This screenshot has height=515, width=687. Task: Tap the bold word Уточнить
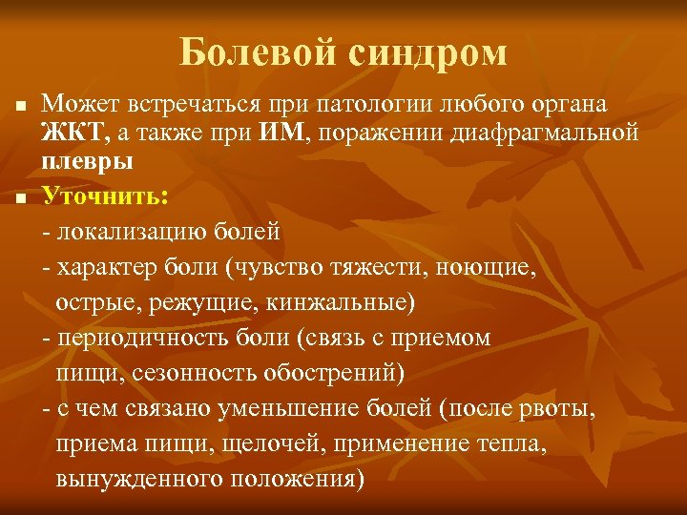104,196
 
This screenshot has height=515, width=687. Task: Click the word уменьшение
277,408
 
